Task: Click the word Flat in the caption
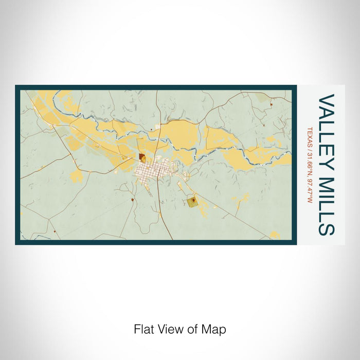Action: click(143, 329)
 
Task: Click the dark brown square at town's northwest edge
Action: click(142, 157)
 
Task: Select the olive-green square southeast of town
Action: click(192, 202)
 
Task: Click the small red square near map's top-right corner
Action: click(271, 104)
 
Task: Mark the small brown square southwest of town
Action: click(133, 199)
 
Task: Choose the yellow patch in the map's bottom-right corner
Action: click(275, 235)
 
